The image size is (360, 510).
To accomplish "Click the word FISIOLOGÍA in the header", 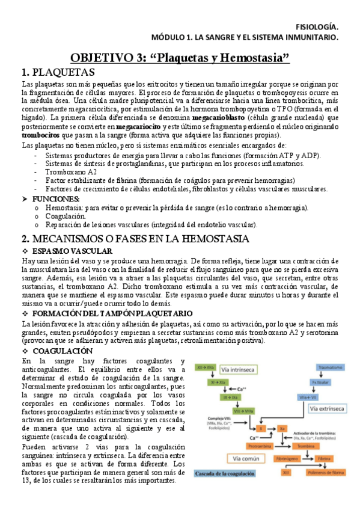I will (319, 26).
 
